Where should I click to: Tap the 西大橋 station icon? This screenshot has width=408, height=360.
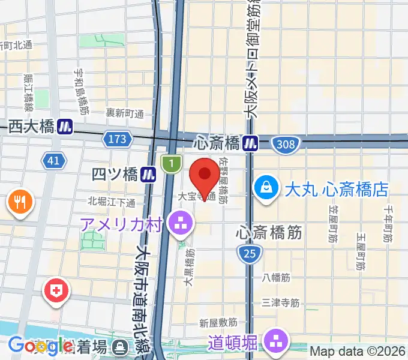[x=66, y=126]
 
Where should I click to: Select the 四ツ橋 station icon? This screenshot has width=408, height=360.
[x=149, y=174]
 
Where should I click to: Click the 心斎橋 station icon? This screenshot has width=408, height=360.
[x=251, y=143]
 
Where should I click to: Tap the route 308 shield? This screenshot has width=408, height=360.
[x=284, y=144]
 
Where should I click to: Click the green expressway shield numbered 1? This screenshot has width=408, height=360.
[x=172, y=162]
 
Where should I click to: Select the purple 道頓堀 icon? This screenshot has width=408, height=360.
[x=277, y=343]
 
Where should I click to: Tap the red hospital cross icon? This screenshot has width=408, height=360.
[x=58, y=293]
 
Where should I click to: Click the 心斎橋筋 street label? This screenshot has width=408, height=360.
[x=269, y=232]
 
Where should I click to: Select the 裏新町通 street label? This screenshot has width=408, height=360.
[x=125, y=113]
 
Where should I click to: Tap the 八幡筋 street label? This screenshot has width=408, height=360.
[x=277, y=278]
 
